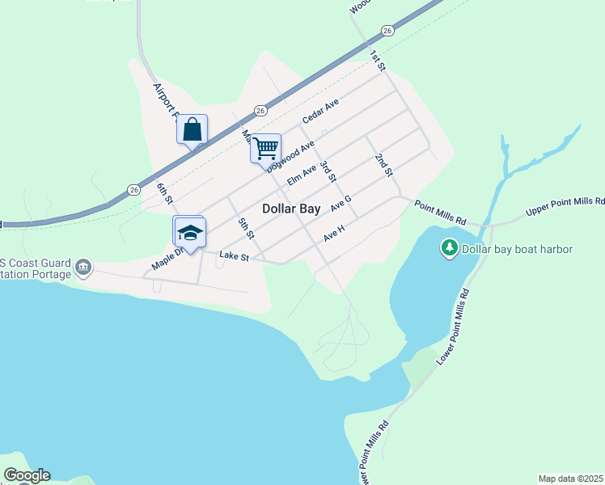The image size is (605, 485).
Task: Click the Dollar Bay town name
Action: click(x=291, y=208)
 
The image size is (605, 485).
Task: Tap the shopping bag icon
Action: click(x=192, y=129)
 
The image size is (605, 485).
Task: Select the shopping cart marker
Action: click(x=265, y=149)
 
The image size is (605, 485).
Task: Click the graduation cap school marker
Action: click(x=190, y=234)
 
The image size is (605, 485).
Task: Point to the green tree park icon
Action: click(x=449, y=248)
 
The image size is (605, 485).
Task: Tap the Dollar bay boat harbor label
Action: click(x=517, y=249)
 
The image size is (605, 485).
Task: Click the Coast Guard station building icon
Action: click(x=82, y=267)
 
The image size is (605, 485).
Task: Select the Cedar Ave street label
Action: click(x=320, y=112)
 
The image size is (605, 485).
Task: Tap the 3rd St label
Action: click(x=328, y=171)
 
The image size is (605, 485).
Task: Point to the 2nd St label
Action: click(x=383, y=165)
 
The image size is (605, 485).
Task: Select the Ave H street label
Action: click(x=334, y=234)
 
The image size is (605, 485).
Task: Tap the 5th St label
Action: click(x=246, y=228)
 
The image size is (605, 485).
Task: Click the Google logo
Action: click(x=27, y=475)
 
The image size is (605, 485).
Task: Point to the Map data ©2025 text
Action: click(x=569, y=479)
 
